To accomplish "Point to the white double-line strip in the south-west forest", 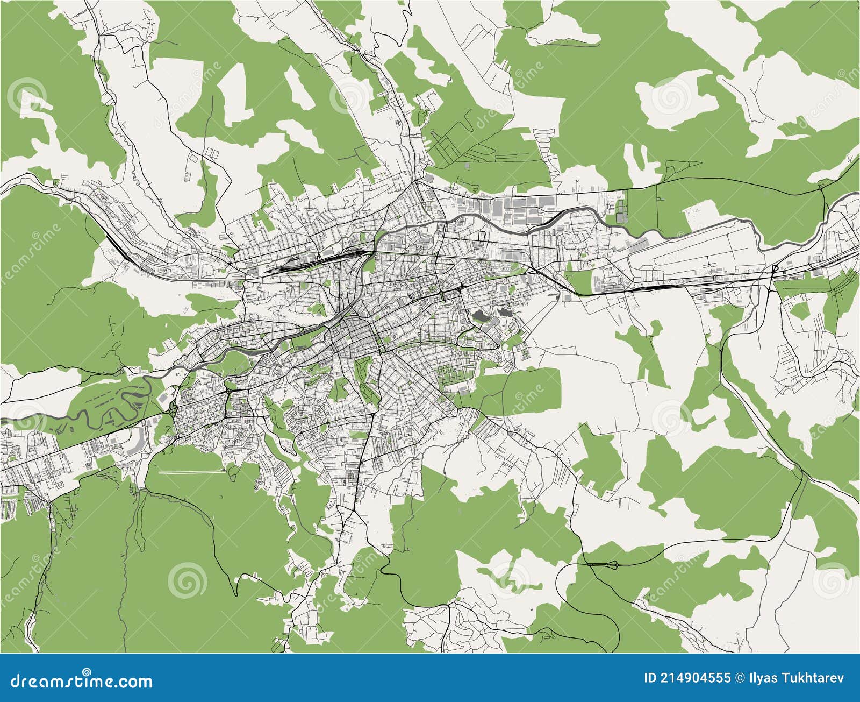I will click(191, 472).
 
